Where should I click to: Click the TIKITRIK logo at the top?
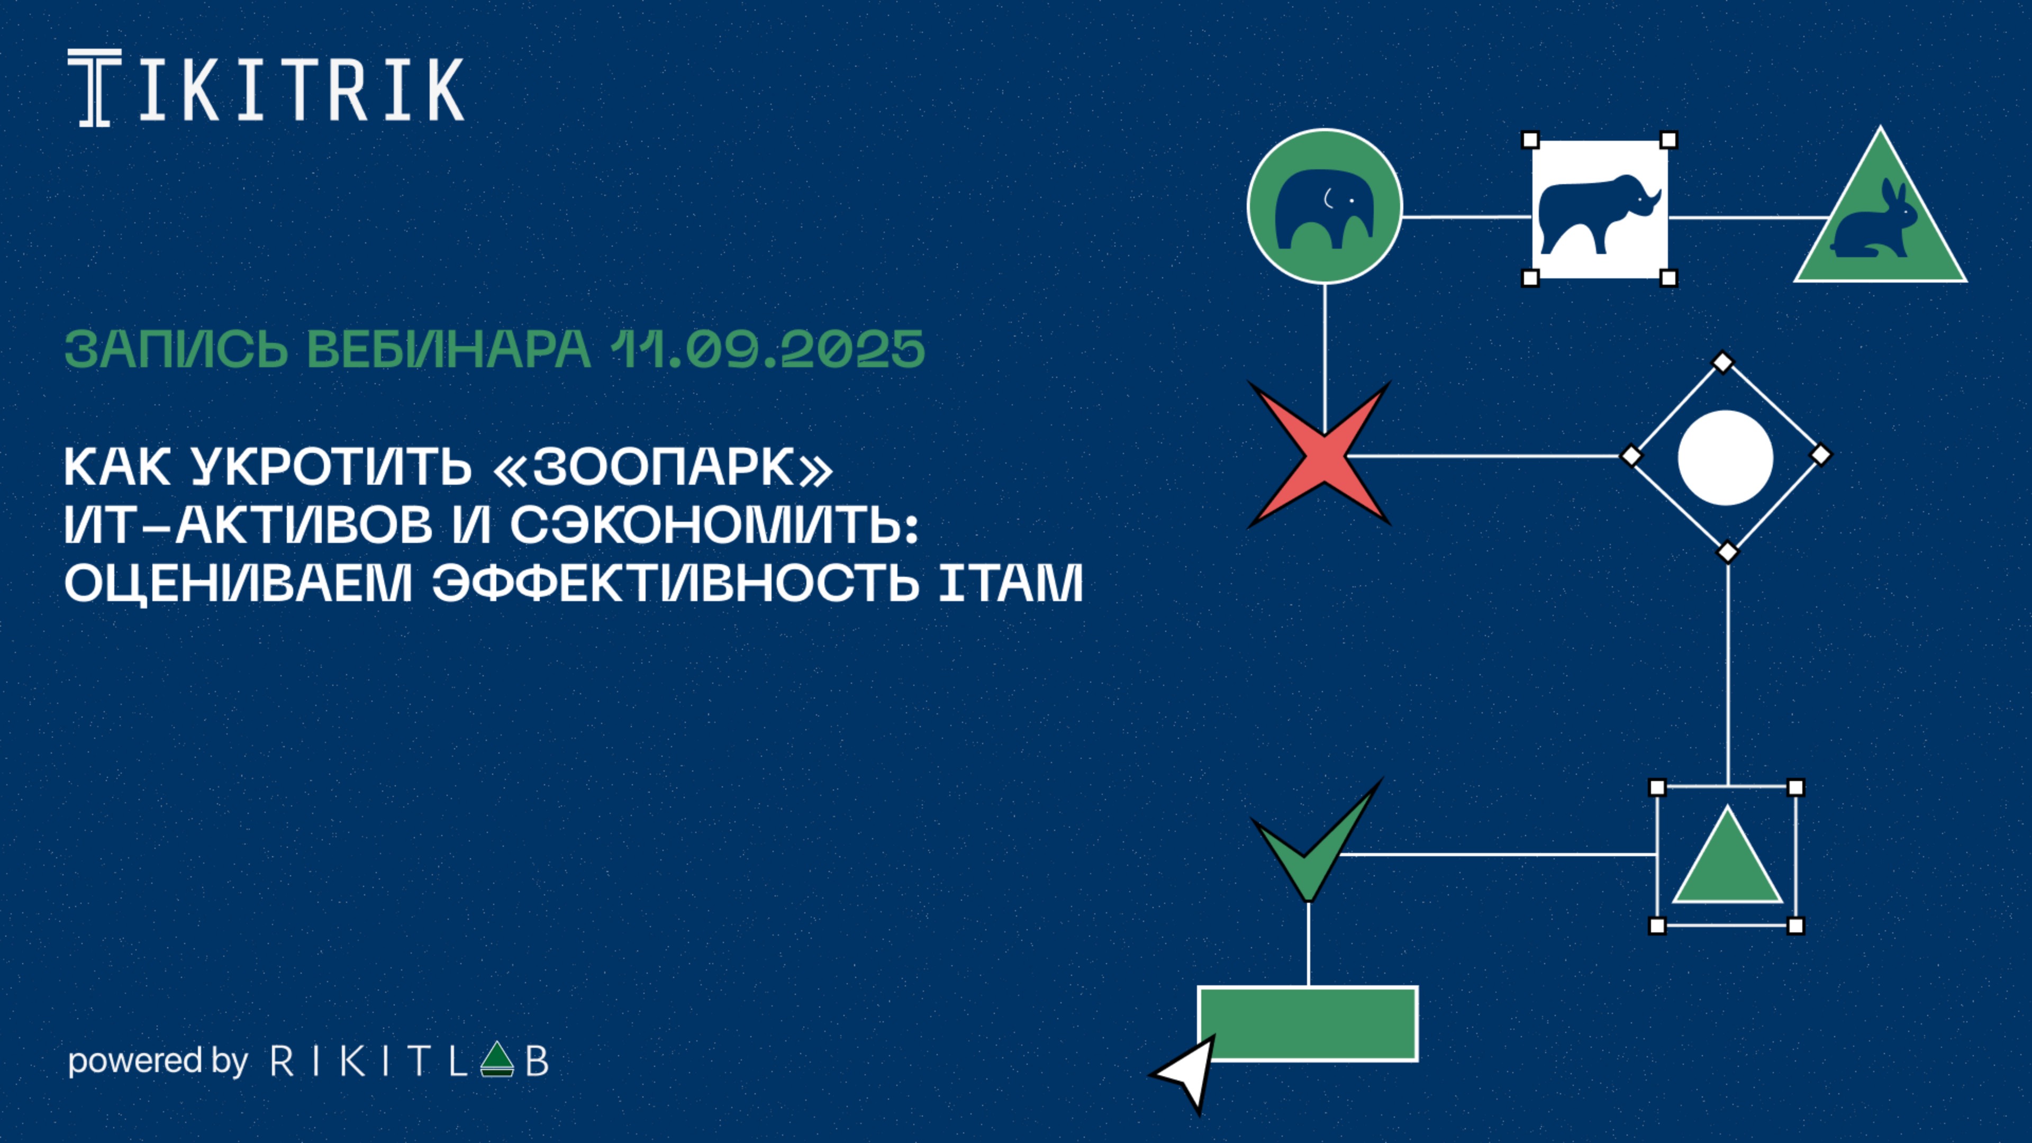click(x=266, y=87)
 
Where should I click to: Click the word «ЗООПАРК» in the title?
click(x=663, y=467)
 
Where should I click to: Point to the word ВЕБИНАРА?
click(x=448, y=349)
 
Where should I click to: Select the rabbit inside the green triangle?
click(x=1873, y=220)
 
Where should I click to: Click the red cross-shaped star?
click(x=1320, y=455)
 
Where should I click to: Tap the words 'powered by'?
click(x=158, y=1062)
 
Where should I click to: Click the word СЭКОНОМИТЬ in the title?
click(x=715, y=525)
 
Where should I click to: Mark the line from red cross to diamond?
click(x=1484, y=455)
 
